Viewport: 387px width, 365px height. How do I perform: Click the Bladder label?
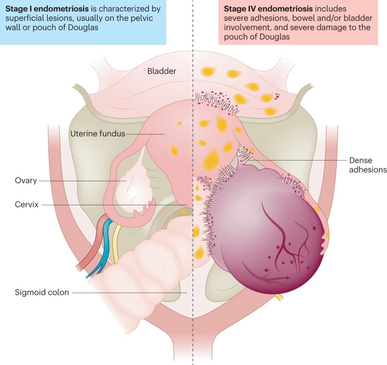click(162, 71)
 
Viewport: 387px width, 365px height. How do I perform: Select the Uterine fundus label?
click(98, 133)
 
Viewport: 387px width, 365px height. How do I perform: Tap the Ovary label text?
click(26, 181)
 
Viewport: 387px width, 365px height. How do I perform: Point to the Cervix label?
click(26, 205)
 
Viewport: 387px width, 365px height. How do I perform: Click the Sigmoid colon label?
click(42, 292)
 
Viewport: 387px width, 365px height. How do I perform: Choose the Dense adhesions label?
click(367, 165)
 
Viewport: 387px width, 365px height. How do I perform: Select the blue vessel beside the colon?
click(107, 242)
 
